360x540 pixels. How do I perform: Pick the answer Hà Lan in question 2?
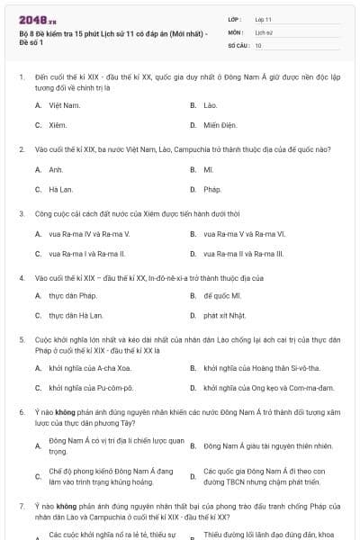coord(60,190)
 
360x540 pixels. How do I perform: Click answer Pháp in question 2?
coord(212,190)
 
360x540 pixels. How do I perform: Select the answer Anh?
coord(56,169)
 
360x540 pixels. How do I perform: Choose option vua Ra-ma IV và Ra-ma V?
coord(89,234)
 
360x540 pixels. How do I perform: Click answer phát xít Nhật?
coord(225,316)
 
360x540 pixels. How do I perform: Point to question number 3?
coord(21,214)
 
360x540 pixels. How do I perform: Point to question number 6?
coord(21,411)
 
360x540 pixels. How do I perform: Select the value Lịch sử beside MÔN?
coord(264,31)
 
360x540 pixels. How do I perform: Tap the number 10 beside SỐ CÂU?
coord(259,45)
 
